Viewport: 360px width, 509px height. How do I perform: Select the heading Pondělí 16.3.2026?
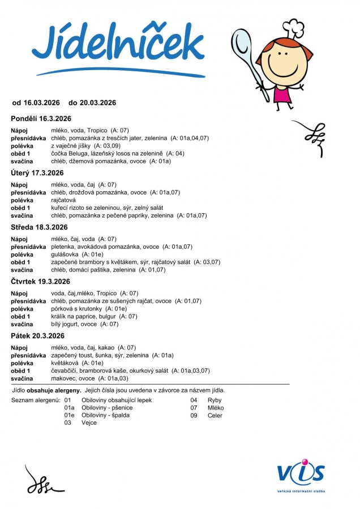tap(41, 119)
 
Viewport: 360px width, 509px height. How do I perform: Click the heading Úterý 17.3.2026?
tap(37, 173)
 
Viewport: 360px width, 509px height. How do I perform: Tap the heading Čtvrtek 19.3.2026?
tap(41, 282)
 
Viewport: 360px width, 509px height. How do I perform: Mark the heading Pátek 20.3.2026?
tap(37, 336)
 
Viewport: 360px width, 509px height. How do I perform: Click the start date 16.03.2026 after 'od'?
tap(41, 103)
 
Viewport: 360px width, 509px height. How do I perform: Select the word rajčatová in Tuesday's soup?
tap(63, 200)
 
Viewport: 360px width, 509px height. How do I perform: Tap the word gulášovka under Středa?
tap(65, 255)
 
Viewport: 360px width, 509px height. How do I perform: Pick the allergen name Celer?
tap(215, 416)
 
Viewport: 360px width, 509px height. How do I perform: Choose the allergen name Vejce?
tap(89, 423)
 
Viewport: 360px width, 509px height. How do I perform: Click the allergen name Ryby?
tap(215, 400)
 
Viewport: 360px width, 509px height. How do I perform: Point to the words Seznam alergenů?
tap(36, 400)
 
